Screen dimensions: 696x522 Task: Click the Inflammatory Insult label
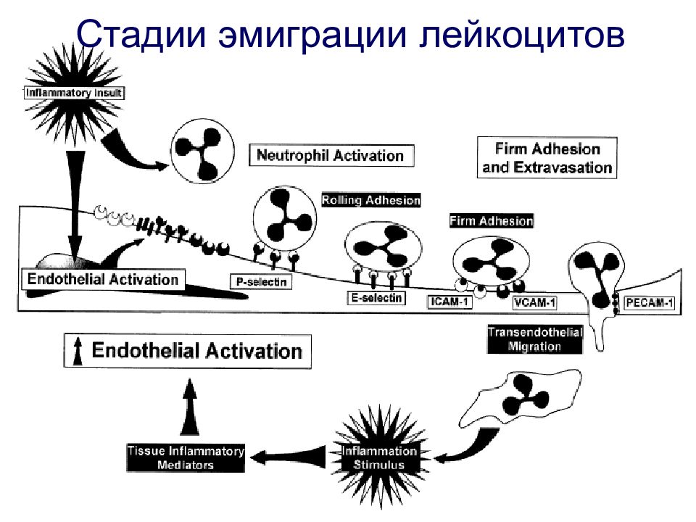(74, 93)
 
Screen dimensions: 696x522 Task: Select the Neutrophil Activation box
(331, 155)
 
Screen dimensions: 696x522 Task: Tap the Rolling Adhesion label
(370, 200)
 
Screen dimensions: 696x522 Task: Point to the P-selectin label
(261, 281)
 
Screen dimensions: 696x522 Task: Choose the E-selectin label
(376, 297)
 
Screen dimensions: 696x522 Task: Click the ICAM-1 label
(449, 302)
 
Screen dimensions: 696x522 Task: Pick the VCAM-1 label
(534, 303)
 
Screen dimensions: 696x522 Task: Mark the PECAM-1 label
(650, 303)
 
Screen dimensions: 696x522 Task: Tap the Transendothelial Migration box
(534, 339)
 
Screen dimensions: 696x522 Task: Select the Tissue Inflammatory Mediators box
(186, 457)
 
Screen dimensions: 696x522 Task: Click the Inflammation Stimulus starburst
(379, 457)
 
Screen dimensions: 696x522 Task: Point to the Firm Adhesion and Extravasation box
(547, 157)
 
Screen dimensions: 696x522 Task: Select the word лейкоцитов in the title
(521, 35)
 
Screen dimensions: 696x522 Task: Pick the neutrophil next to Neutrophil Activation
(202, 151)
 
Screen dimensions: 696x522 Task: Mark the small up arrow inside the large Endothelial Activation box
(78, 351)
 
